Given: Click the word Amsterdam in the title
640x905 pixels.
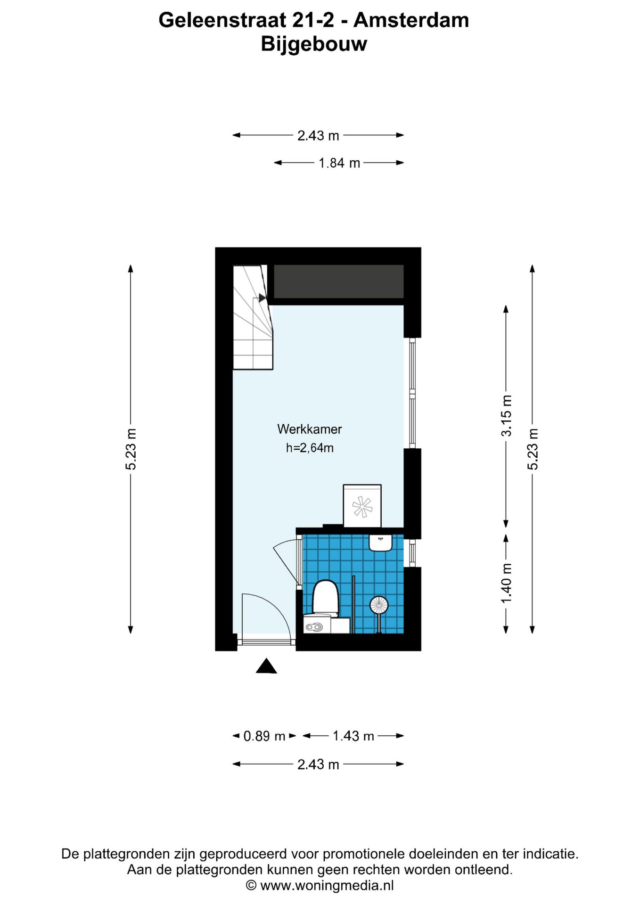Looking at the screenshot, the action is (x=411, y=20).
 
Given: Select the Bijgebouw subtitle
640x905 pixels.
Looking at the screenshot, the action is (x=314, y=44).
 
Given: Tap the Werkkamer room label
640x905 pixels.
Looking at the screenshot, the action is (x=310, y=429).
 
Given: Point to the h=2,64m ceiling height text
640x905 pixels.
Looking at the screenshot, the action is (x=310, y=448).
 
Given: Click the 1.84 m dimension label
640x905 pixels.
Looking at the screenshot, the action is (x=339, y=163).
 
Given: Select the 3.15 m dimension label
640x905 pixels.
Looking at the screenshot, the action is (x=506, y=416).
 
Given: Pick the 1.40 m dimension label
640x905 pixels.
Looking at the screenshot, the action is (x=506, y=584).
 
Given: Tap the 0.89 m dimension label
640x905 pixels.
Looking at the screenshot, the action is (x=264, y=736).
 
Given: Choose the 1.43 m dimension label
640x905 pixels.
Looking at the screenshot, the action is (x=353, y=736).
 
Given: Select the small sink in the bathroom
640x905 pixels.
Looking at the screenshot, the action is (x=381, y=543).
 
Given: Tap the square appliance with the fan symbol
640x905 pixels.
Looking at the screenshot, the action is (x=362, y=506).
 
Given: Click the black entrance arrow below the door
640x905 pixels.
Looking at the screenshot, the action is (x=266, y=666).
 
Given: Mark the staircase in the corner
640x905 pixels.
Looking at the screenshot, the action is (x=253, y=317).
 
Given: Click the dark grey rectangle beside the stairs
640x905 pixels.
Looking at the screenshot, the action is (x=339, y=281).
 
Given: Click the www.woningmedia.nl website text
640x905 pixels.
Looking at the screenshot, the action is (x=327, y=886).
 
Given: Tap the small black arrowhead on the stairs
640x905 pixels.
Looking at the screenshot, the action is (x=262, y=298).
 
